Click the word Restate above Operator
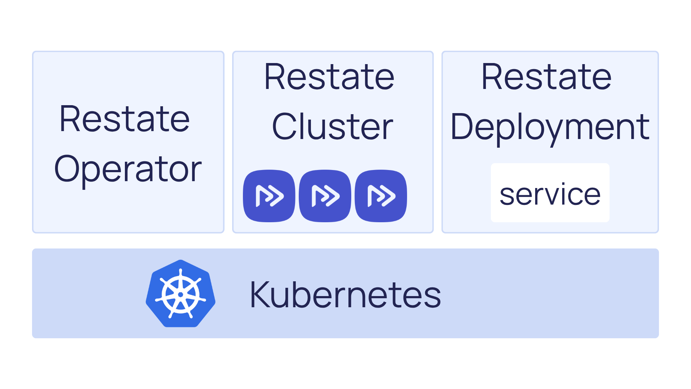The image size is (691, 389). [x=125, y=119]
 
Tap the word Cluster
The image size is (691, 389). [x=333, y=126]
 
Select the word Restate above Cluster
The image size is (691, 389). [x=329, y=77]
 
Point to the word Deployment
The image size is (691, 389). [x=550, y=127]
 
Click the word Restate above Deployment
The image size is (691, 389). [x=546, y=77]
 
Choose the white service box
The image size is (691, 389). [x=550, y=193]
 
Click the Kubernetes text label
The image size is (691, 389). [x=345, y=295]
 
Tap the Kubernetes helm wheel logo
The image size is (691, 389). [x=181, y=294]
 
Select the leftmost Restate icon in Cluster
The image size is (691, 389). [x=269, y=196]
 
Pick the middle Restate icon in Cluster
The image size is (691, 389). [x=325, y=196]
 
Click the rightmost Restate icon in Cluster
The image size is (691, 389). [x=381, y=196]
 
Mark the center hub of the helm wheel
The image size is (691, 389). [x=181, y=295]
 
